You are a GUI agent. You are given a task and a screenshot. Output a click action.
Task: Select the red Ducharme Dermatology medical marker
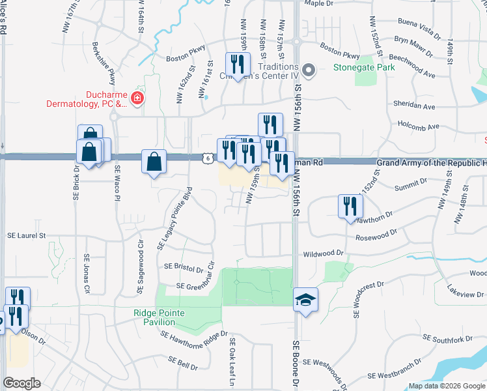(x=137, y=98)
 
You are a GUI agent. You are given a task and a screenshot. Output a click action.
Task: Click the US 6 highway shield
(x=206, y=158)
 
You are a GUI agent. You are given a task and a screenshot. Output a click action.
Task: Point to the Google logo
(x=21, y=383)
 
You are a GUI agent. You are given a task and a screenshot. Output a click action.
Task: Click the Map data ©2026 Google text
(x=447, y=386)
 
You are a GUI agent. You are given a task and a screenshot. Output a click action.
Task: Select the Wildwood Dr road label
(x=322, y=253)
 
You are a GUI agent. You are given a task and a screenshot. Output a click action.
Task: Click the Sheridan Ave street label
(x=413, y=106)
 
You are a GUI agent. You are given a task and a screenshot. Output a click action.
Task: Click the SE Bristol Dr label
(x=184, y=267)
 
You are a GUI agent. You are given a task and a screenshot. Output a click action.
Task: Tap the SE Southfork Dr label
(x=447, y=339)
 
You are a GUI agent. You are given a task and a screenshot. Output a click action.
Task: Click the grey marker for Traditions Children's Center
(x=309, y=70)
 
